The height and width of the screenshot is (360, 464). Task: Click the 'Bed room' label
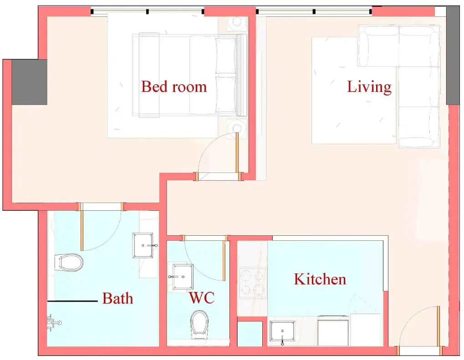173,86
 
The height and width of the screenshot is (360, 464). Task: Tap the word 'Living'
369,87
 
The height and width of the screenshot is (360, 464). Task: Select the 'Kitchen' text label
320,279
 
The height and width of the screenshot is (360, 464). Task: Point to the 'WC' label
202,298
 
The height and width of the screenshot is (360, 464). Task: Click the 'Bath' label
117,298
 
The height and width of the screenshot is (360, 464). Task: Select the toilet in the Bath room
69,262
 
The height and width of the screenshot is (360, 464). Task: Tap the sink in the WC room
181,277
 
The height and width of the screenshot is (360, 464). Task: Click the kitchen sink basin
282,333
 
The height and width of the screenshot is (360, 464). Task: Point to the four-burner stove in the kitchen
252,283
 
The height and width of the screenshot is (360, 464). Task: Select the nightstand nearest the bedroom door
237,128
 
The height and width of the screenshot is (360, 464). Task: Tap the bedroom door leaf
237,152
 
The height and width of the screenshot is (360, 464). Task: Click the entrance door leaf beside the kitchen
438,326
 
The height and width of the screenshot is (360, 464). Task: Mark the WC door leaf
224,261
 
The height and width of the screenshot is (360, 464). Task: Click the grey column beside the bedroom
29,82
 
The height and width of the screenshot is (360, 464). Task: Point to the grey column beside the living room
453,55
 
